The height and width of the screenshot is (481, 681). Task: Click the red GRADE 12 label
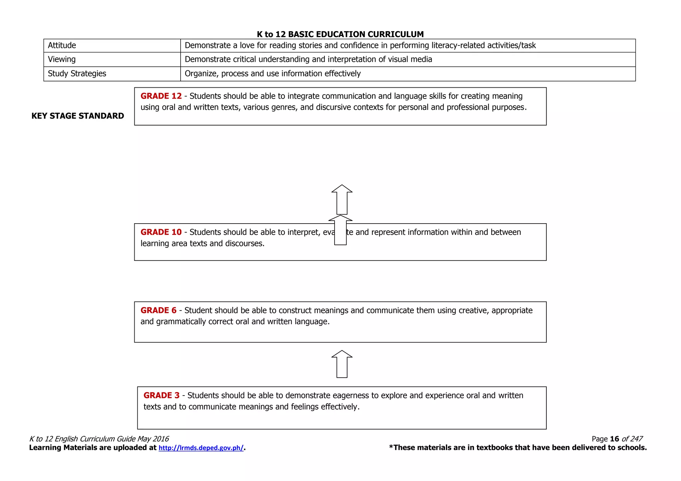pos(161,96)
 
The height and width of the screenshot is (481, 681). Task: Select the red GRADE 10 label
pos(161,232)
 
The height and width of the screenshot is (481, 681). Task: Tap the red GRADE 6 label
pos(158,310)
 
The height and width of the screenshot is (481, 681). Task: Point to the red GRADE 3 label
pos(161,395)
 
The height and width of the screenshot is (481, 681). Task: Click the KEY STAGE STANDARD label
pos(77,116)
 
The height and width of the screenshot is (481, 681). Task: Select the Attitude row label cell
pos(112,46)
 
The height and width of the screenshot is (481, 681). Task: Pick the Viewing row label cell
pos(112,59)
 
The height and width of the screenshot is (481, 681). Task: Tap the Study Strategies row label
pos(77,74)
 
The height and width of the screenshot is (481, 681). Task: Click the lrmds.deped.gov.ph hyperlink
pos(201,448)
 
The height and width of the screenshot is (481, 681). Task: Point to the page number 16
pos(614,439)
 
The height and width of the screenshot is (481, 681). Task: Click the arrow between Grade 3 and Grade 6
pos(342,364)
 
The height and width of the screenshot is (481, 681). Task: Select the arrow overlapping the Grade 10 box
pos(340,230)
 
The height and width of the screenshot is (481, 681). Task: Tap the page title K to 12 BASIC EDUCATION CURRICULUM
pos(340,34)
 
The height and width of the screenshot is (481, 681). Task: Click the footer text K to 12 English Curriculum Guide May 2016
pos(99,439)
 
